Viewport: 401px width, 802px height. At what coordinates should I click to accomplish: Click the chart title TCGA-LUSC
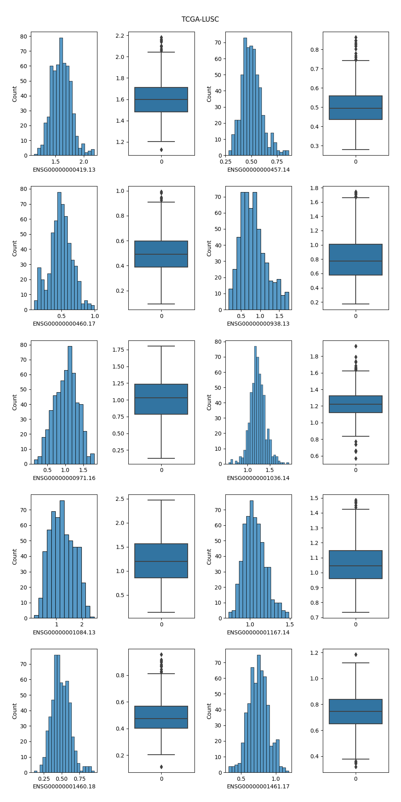[200, 19]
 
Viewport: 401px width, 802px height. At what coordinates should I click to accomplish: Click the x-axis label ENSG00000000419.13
[64, 170]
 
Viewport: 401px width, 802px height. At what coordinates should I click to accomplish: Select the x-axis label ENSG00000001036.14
[258, 478]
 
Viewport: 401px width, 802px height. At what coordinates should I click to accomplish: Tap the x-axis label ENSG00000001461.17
[258, 786]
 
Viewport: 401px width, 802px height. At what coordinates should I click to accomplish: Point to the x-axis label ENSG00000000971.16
[64, 478]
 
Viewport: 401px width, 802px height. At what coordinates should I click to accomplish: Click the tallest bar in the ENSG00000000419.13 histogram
[61, 96]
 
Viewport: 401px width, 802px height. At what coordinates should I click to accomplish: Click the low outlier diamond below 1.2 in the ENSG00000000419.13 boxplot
[161, 150]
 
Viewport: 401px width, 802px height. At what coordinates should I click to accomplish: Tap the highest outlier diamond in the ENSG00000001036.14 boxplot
[356, 346]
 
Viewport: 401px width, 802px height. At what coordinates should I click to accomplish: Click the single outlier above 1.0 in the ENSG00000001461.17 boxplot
[356, 654]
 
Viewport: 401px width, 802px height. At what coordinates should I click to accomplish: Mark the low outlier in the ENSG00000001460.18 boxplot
[161, 767]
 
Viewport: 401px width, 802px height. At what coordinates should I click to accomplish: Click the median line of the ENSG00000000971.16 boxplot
[161, 398]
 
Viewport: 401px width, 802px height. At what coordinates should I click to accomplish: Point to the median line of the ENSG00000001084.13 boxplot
[161, 561]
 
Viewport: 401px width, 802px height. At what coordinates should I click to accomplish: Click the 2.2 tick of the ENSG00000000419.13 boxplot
[119, 36]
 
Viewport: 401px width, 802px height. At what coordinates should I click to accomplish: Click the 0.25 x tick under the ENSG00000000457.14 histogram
[226, 162]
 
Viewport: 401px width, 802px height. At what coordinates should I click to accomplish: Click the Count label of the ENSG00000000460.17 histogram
[15, 248]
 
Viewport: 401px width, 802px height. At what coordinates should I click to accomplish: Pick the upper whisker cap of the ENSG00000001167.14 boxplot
[356, 509]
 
